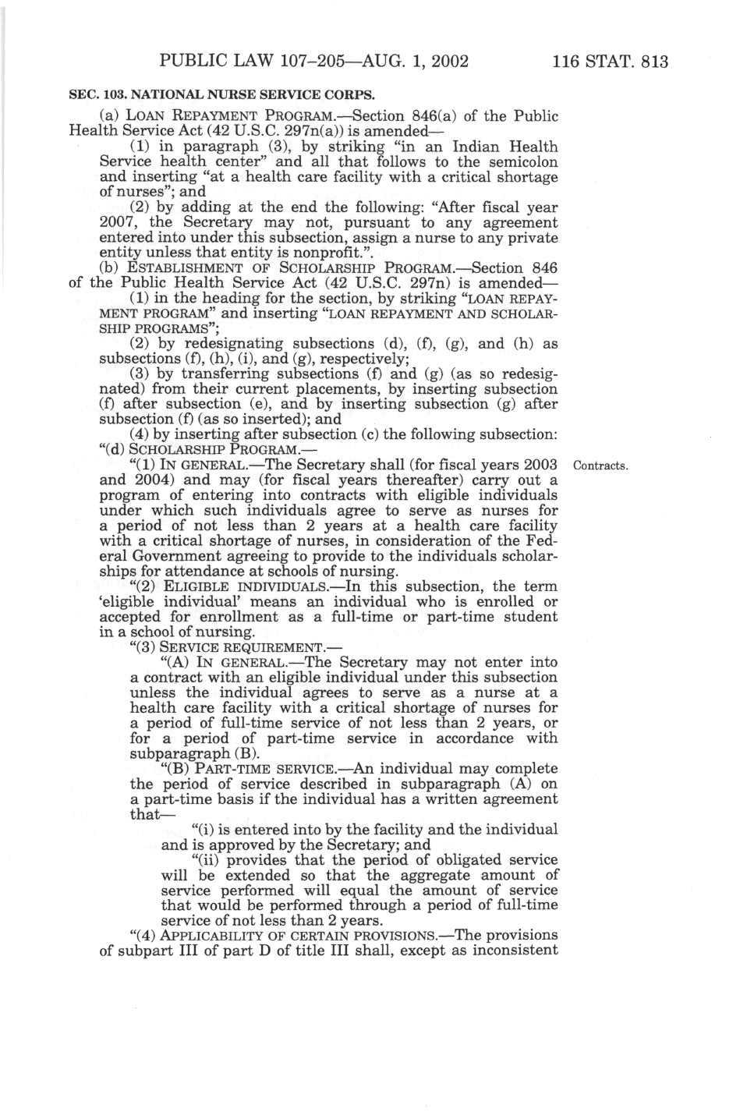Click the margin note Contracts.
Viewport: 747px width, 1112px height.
point(600,466)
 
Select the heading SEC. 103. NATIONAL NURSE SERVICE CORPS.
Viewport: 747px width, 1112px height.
point(222,95)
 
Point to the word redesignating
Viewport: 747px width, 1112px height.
point(233,344)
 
